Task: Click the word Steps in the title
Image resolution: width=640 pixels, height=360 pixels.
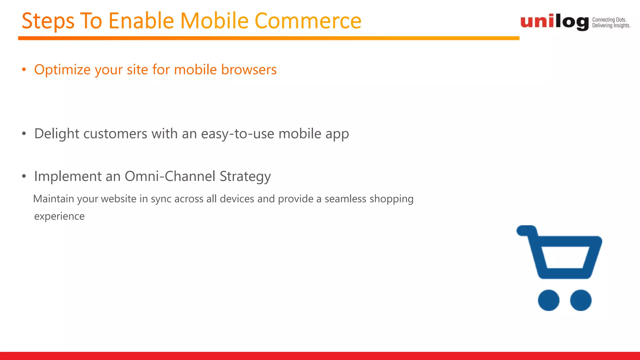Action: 48,21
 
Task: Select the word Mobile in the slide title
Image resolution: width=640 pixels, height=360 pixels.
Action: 215,21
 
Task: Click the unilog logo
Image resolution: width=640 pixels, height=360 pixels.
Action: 554,22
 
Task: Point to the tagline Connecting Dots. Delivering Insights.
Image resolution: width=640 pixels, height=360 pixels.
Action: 611,23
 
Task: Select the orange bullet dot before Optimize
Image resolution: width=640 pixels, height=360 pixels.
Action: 24,70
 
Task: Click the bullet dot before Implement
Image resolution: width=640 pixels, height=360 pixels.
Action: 24,176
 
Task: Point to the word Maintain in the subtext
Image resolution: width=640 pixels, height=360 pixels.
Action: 53,199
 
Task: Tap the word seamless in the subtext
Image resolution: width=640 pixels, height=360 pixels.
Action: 345,199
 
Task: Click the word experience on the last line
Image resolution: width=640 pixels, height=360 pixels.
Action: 59,216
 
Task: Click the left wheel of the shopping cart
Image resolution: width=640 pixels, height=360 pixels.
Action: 548,300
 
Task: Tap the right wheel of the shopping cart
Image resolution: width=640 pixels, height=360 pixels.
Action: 581,300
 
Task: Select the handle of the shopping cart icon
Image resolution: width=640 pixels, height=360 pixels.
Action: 527,231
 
